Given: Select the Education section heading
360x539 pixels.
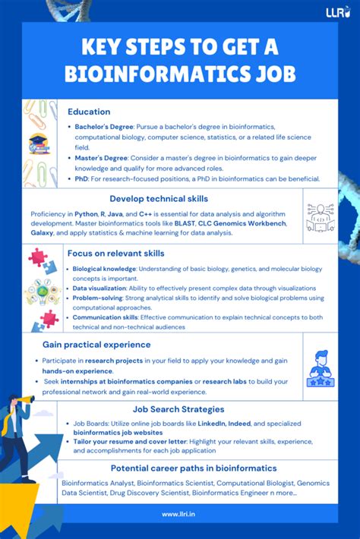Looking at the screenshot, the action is pos(88,112).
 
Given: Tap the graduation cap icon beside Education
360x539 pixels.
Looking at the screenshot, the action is pos(38,142).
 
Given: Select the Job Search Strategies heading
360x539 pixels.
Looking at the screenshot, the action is pos(178,409).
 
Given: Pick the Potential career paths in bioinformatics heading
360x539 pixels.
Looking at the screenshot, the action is pos(193,468).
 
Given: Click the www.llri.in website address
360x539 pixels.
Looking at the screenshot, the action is pos(179,514).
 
